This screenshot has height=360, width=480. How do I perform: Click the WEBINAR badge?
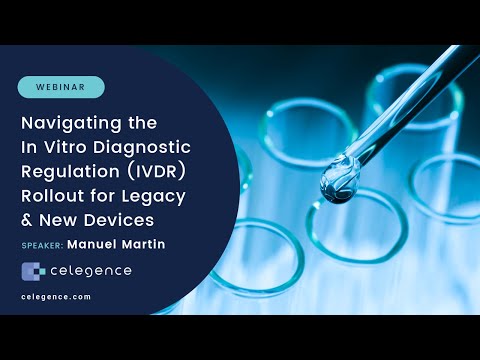(61, 87)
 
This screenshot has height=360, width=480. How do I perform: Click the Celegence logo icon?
(33, 271)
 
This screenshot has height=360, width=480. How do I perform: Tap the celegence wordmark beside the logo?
(91, 271)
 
